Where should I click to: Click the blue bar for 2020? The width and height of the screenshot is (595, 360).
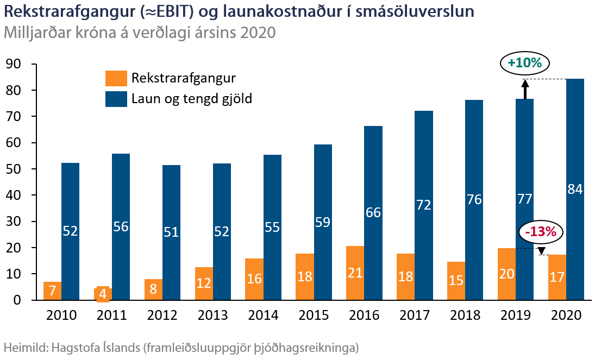(x=575, y=136)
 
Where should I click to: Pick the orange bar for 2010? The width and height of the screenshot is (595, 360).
(x=52, y=291)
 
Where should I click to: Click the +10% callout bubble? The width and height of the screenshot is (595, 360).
(x=524, y=63)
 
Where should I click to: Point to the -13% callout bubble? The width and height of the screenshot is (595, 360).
(x=541, y=232)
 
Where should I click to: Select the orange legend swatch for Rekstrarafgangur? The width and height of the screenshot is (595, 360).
(x=116, y=78)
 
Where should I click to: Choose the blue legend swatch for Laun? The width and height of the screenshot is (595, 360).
(x=116, y=99)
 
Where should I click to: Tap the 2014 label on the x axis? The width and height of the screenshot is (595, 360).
(x=263, y=315)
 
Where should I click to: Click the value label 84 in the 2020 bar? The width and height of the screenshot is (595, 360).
(x=575, y=190)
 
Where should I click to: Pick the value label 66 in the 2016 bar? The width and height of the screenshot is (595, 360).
(x=373, y=213)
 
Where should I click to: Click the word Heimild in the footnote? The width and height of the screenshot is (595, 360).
(x=25, y=346)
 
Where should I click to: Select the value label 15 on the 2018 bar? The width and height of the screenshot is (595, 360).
(x=456, y=279)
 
